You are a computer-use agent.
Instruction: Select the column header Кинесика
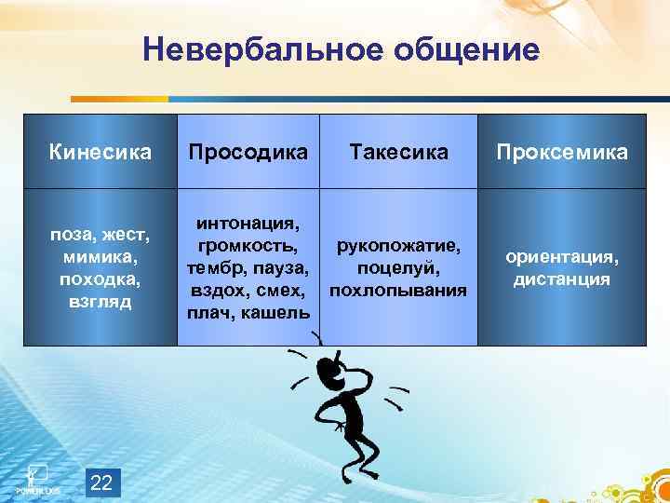point(100,152)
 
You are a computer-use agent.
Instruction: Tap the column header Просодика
point(248,152)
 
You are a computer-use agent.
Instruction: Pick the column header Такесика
point(397,152)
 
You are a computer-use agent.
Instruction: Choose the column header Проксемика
point(559,152)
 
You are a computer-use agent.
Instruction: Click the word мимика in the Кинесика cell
point(97,256)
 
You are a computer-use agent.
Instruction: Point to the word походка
point(99,279)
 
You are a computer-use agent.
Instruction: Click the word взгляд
point(100,302)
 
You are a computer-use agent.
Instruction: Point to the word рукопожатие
point(398,246)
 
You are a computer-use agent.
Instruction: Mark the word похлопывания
point(398,291)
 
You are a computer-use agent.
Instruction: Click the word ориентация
point(560,256)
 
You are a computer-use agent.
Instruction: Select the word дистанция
point(560,279)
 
